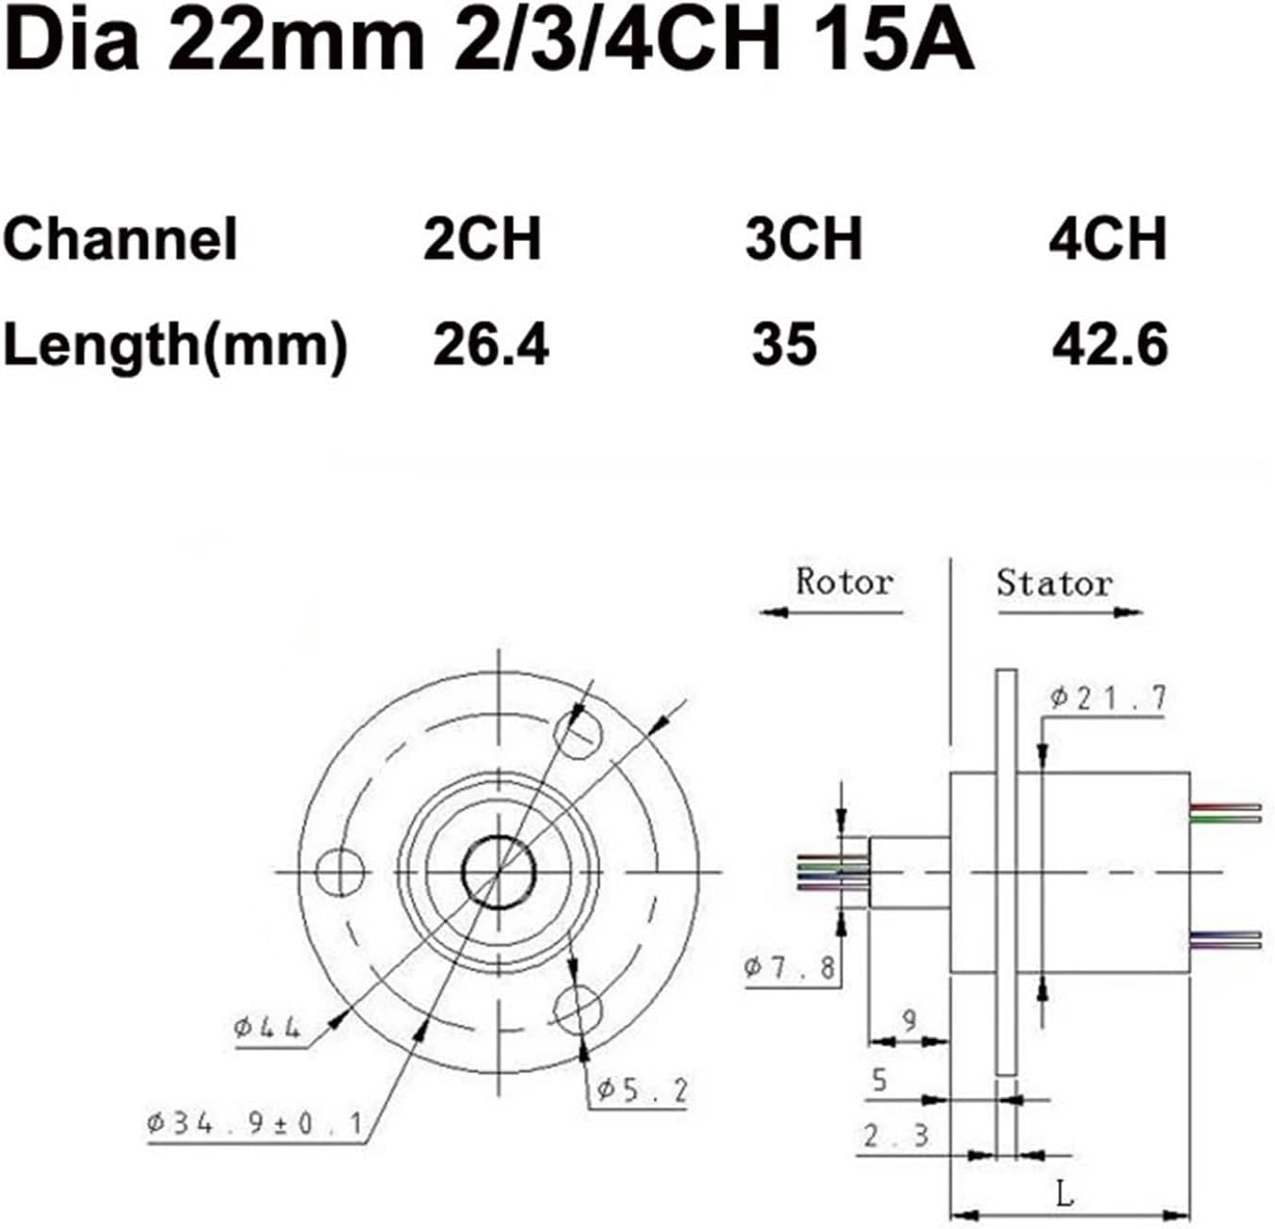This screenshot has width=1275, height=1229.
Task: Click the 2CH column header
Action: point(482,239)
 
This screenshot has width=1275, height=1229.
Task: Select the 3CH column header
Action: point(804,239)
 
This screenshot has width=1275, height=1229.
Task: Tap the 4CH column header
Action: point(1108,239)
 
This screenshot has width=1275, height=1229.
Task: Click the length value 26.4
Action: point(490,344)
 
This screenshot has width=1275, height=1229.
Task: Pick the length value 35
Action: point(784,344)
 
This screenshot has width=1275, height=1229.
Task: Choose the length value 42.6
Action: point(1109,344)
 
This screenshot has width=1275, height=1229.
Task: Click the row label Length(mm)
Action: point(175,345)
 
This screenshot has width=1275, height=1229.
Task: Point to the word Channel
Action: point(120,239)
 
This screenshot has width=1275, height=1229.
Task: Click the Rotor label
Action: point(843,583)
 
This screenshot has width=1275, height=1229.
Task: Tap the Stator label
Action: point(1054,583)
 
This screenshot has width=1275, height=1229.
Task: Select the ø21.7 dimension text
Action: point(1108,698)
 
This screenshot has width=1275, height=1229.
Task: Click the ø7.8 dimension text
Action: point(789,967)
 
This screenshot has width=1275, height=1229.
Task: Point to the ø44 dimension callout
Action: point(267,1027)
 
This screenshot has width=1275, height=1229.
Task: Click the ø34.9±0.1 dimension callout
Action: point(255,1123)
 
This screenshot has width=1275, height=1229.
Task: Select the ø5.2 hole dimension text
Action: point(642,1091)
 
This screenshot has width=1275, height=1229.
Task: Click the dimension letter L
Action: point(1064,1195)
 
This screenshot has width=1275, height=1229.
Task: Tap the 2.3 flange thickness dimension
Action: point(896,1136)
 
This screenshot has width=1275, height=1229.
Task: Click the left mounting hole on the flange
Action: point(340,872)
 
